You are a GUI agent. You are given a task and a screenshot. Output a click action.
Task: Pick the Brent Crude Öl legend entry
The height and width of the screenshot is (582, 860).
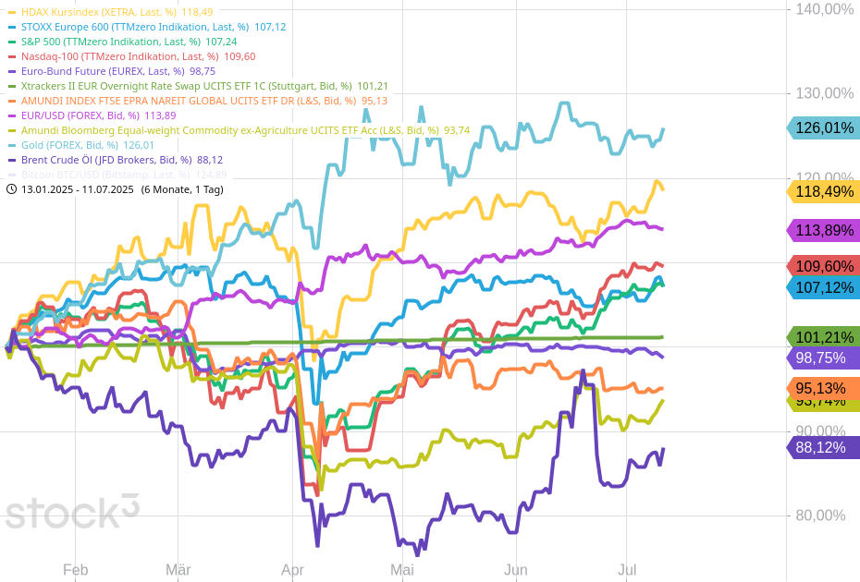105,160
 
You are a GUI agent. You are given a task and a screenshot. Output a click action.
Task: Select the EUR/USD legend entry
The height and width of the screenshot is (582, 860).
80,115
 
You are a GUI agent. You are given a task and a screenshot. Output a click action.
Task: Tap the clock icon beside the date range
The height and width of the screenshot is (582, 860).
11,189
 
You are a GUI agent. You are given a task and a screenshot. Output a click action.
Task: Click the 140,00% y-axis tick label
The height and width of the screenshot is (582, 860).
824,9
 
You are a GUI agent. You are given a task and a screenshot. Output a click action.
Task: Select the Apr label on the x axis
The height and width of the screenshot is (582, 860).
292,570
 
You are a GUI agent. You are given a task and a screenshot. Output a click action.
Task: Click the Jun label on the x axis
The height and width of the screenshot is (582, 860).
516,570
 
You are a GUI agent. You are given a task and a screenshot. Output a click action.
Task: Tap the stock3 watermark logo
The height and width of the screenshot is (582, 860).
72,512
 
